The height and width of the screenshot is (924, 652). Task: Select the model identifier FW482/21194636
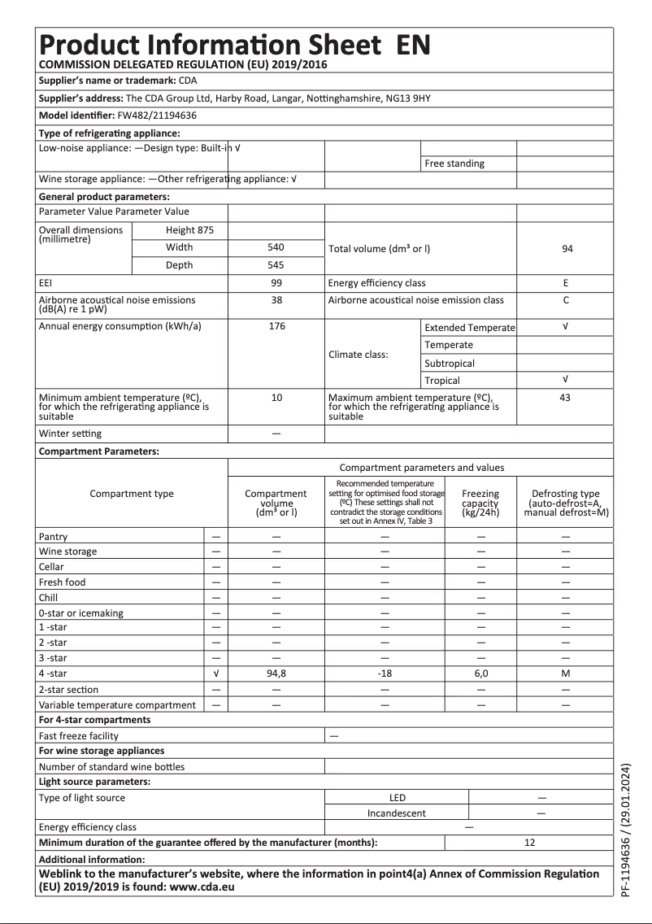click(146, 115)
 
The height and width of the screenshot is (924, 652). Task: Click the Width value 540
click(276, 247)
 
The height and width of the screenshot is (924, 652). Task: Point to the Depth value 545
click(276, 265)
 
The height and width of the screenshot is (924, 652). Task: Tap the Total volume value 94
click(566, 248)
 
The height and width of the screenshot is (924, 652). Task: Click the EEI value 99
click(276, 283)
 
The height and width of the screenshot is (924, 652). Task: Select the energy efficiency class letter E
click(566, 283)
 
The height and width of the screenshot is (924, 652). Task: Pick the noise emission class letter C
click(566, 300)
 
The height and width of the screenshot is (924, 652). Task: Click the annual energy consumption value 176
click(276, 326)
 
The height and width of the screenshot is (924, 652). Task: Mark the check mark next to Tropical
click(566, 380)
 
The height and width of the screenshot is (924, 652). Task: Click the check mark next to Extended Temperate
click(566, 326)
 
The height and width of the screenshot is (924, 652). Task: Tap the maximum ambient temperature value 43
click(566, 398)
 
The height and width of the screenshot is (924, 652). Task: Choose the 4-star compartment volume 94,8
click(276, 674)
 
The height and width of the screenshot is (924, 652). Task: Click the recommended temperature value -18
click(385, 674)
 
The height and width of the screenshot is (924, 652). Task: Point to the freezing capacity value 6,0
click(480, 674)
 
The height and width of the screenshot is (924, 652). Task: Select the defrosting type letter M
click(566, 674)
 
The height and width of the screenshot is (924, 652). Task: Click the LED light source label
click(397, 798)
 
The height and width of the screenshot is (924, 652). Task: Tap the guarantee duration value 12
click(529, 843)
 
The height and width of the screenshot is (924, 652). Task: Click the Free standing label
click(454, 163)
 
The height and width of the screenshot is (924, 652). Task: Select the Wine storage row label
click(67, 551)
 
